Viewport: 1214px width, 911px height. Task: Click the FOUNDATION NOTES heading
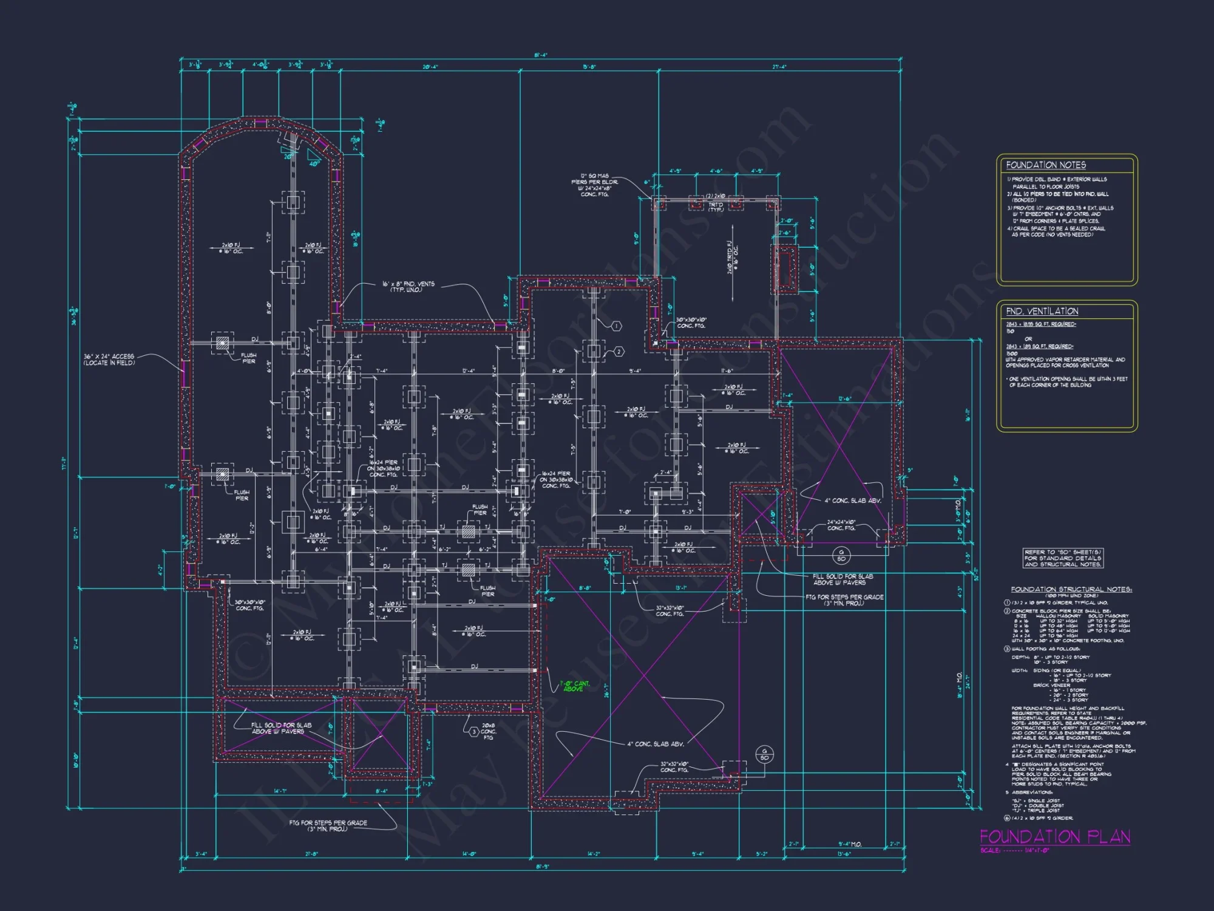click(x=1045, y=165)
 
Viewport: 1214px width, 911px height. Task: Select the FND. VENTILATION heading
click(x=1042, y=312)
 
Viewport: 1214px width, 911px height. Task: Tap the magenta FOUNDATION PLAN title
click(x=1055, y=837)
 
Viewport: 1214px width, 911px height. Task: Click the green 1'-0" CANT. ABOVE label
click(x=574, y=686)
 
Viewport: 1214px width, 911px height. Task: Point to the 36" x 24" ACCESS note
click(x=109, y=360)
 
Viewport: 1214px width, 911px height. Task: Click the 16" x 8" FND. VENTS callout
click(x=408, y=287)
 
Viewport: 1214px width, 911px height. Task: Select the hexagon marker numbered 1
click(x=616, y=326)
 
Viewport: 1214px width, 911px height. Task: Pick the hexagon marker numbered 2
click(x=619, y=352)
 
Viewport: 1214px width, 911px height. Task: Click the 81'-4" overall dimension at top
click(x=540, y=55)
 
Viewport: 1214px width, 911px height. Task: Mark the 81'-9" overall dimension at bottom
click(x=542, y=867)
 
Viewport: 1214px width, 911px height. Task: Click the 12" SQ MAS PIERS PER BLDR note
click(x=594, y=185)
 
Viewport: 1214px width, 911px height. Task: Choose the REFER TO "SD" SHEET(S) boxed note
click(x=1062, y=558)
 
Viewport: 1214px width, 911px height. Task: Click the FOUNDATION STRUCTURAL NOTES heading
click(x=1071, y=589)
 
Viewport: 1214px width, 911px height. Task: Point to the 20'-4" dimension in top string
click(x=430, y=67)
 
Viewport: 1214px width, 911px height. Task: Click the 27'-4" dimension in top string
click(x=779, y=67)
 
